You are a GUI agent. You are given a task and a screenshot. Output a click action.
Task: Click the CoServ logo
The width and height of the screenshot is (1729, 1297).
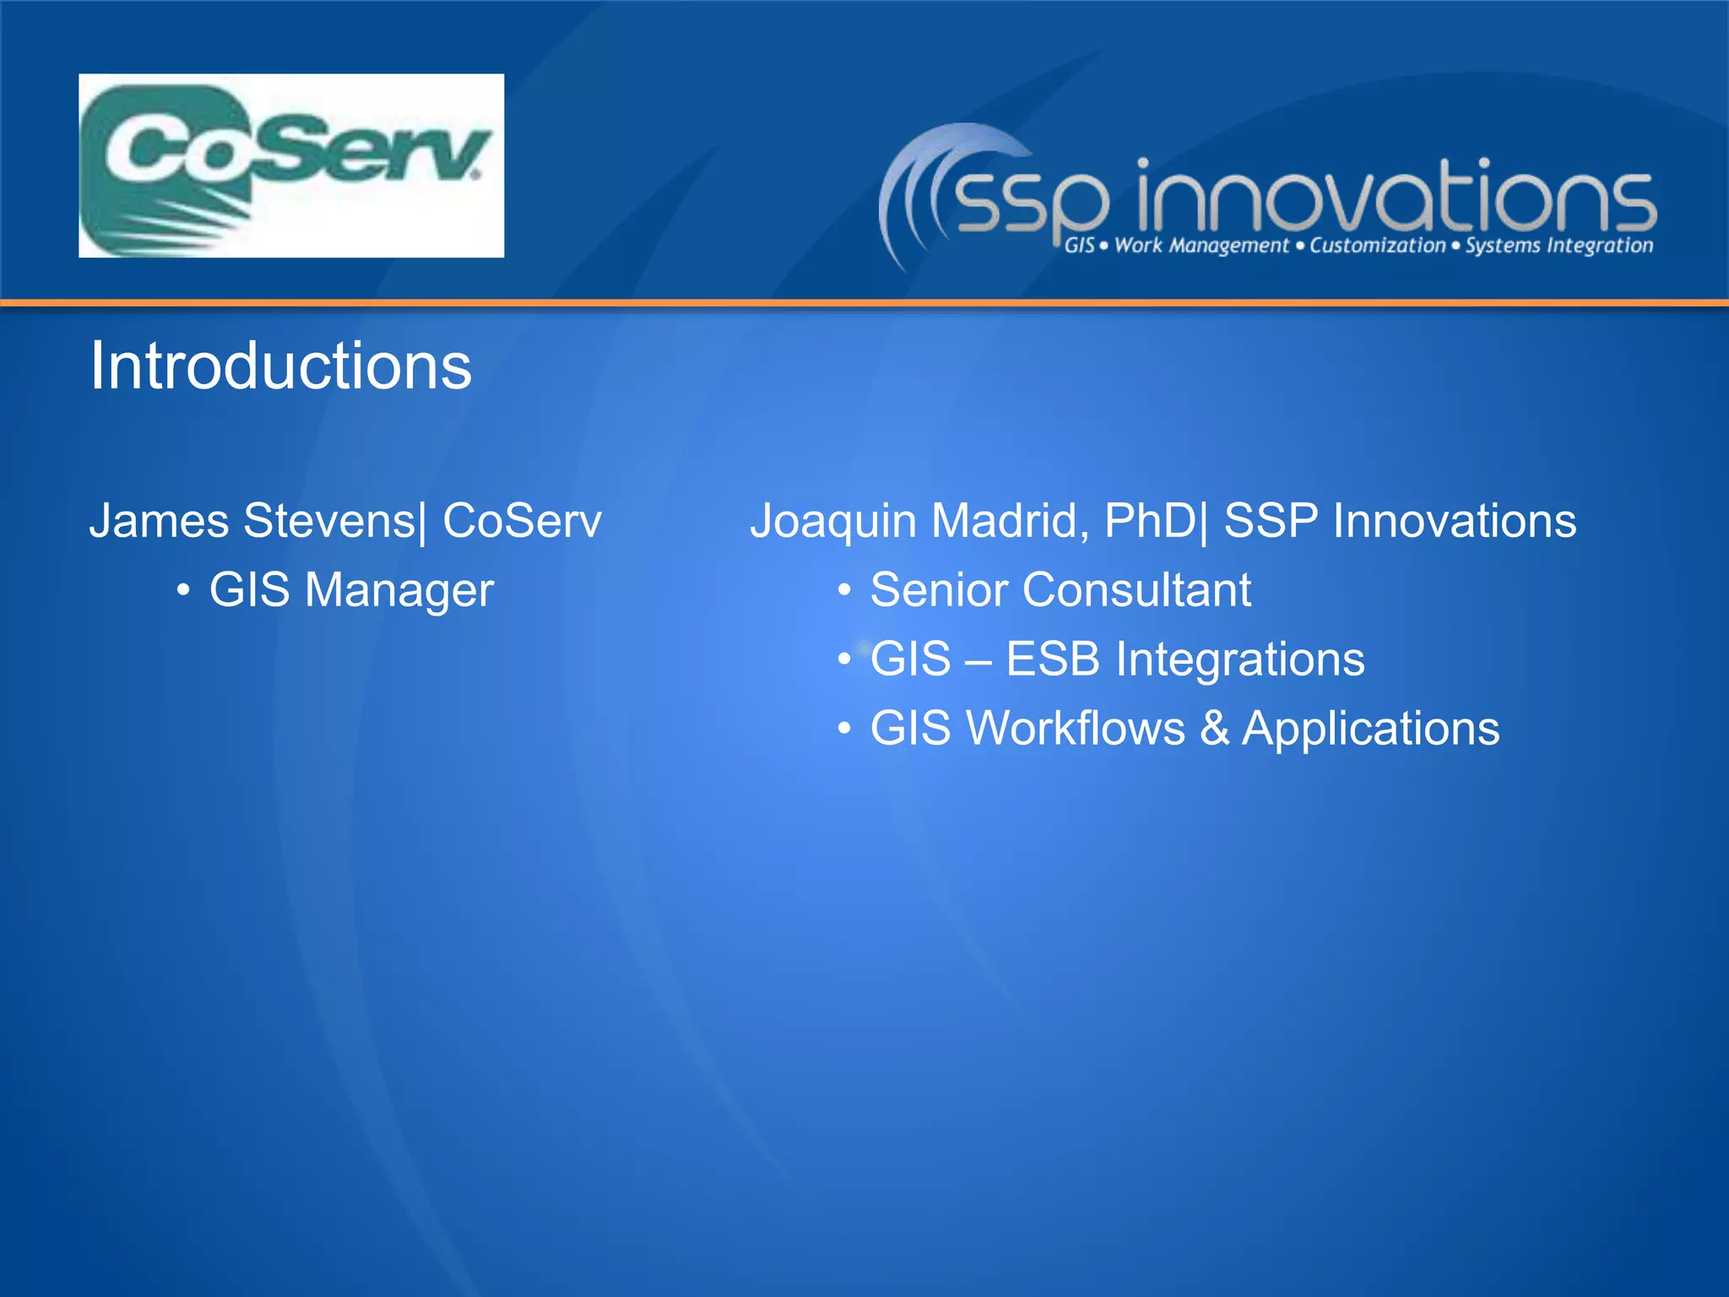pyautogui.click(x=291, y=166)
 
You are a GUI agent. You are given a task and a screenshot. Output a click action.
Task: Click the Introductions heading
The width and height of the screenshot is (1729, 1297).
pyautogui.click(x=280, y=366)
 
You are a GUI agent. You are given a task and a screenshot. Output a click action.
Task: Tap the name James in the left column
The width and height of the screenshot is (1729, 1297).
pyautogui.click(x=159, y=520)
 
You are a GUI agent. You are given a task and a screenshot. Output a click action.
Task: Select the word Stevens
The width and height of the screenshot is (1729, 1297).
pyautogui.click(x=329, y=520)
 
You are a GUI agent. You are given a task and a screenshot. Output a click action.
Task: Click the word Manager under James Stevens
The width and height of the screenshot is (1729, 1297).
pyautogui.click(x=398, y=590)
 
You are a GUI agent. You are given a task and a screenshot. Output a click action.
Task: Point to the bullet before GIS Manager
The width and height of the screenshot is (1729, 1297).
pyautogui.click(x=182, y=590)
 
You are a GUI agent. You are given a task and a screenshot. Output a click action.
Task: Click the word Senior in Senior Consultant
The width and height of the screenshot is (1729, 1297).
pyautogui.click(x=938, y=589)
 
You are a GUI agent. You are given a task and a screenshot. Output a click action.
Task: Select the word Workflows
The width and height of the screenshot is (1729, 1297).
pyautogui.click(x=1076, y=728)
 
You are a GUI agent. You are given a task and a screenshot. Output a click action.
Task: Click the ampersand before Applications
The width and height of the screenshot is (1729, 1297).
pyautogui.click(x=1214, y=728)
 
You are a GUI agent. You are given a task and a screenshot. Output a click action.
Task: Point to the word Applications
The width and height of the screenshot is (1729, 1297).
pyautogui.click(x=1370, y=730)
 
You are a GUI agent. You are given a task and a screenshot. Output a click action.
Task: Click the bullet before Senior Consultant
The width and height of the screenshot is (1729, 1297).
pyautogui.click(x=843, y=590)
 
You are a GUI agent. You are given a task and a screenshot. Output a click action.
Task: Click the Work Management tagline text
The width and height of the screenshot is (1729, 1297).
pyautogui.click(x=1201, y=246)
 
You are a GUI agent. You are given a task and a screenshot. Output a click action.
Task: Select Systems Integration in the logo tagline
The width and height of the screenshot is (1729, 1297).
pyautogui.click(x=1558, y=246)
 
